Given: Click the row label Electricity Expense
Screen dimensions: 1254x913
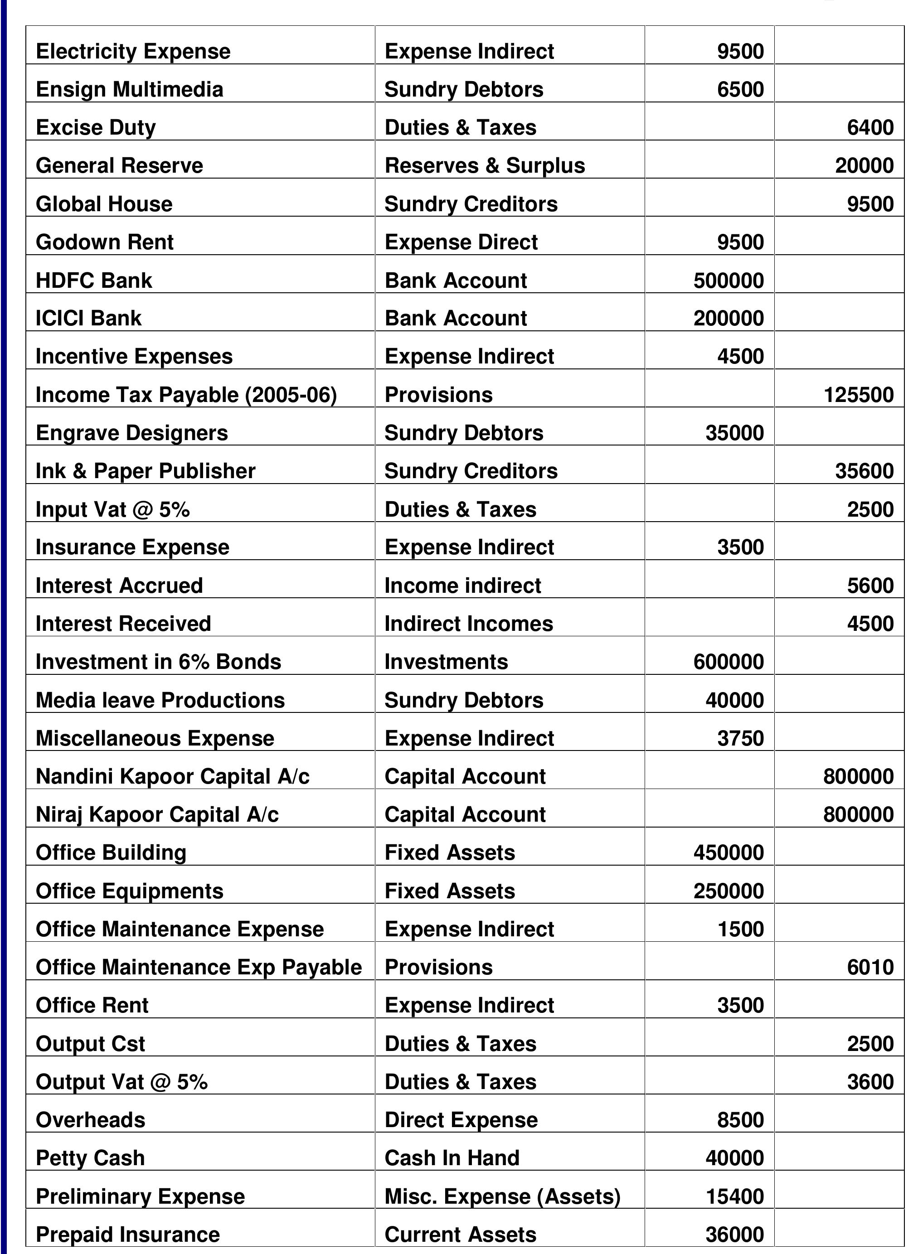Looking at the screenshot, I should click(x=133, y=51).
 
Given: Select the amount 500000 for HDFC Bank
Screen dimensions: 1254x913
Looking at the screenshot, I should click(x=728, y=281).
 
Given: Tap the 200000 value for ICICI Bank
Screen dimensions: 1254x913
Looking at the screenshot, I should click(x=728, y=319).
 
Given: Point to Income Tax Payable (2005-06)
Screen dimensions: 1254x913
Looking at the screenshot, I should click(x=186, y=395).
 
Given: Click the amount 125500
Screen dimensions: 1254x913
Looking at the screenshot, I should click(x=858, y=395).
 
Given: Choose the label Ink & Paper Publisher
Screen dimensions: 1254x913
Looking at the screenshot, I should click(x=146, y=471).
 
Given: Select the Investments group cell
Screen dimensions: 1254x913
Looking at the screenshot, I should click(x=446, y=662).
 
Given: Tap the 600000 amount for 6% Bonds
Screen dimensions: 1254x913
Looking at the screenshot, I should click(x=728, y=662).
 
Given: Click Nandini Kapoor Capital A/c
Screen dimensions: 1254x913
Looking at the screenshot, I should click(x=173, y=776).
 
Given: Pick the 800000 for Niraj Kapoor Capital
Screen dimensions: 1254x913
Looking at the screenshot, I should click(x=858, y=814).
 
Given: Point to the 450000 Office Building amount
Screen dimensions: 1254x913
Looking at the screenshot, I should click(x=728, y=852).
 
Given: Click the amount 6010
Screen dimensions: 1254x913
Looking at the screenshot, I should click(x=870, y=967).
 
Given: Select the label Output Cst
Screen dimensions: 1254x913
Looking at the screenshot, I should click(x=90, y=1043).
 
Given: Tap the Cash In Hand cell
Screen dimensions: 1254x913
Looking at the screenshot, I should click(x=452, y=1158).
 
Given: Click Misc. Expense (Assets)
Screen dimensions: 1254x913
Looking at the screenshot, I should click(x=502, y=1196).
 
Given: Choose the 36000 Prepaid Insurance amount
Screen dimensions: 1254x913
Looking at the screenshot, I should click(x=734, y=1234).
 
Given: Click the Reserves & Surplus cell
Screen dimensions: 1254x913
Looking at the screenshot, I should click(x=485, y=166).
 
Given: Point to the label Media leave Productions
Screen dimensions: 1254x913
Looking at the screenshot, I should click(x=160, y=700).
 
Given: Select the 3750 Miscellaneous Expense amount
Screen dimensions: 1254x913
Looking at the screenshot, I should click(x=740, y=738).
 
